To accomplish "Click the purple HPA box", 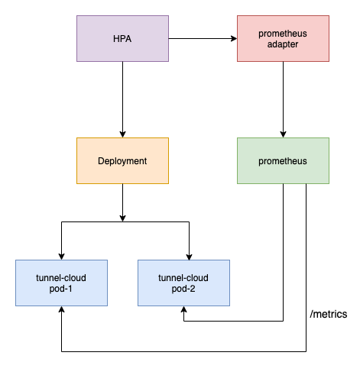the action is pos(122,38).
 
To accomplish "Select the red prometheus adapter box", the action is pos(283,38).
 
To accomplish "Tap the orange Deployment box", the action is pos(122,160).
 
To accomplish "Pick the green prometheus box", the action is pos(283,160).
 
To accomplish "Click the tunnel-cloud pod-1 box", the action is pos(61,283).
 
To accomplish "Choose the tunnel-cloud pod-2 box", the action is pos(183,283).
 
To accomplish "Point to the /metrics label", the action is pos(329,314).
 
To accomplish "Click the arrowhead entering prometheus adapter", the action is pos(234,38).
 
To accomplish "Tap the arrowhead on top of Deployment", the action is pos(122,134).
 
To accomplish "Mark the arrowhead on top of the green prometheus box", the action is pos(283,134).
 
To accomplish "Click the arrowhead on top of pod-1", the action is pos(61,257).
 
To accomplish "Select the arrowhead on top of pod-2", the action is pos(189,257).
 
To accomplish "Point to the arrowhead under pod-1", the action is pos(61,309).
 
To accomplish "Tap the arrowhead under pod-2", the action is pos(183,309).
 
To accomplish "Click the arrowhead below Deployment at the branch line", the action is pos(122,218).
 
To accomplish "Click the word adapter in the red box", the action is pos(283,44).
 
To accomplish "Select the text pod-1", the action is pos(60,289).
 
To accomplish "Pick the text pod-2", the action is pos(183,289).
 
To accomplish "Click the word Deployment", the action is pos(122,161).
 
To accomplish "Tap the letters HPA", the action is pos(122,39).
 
